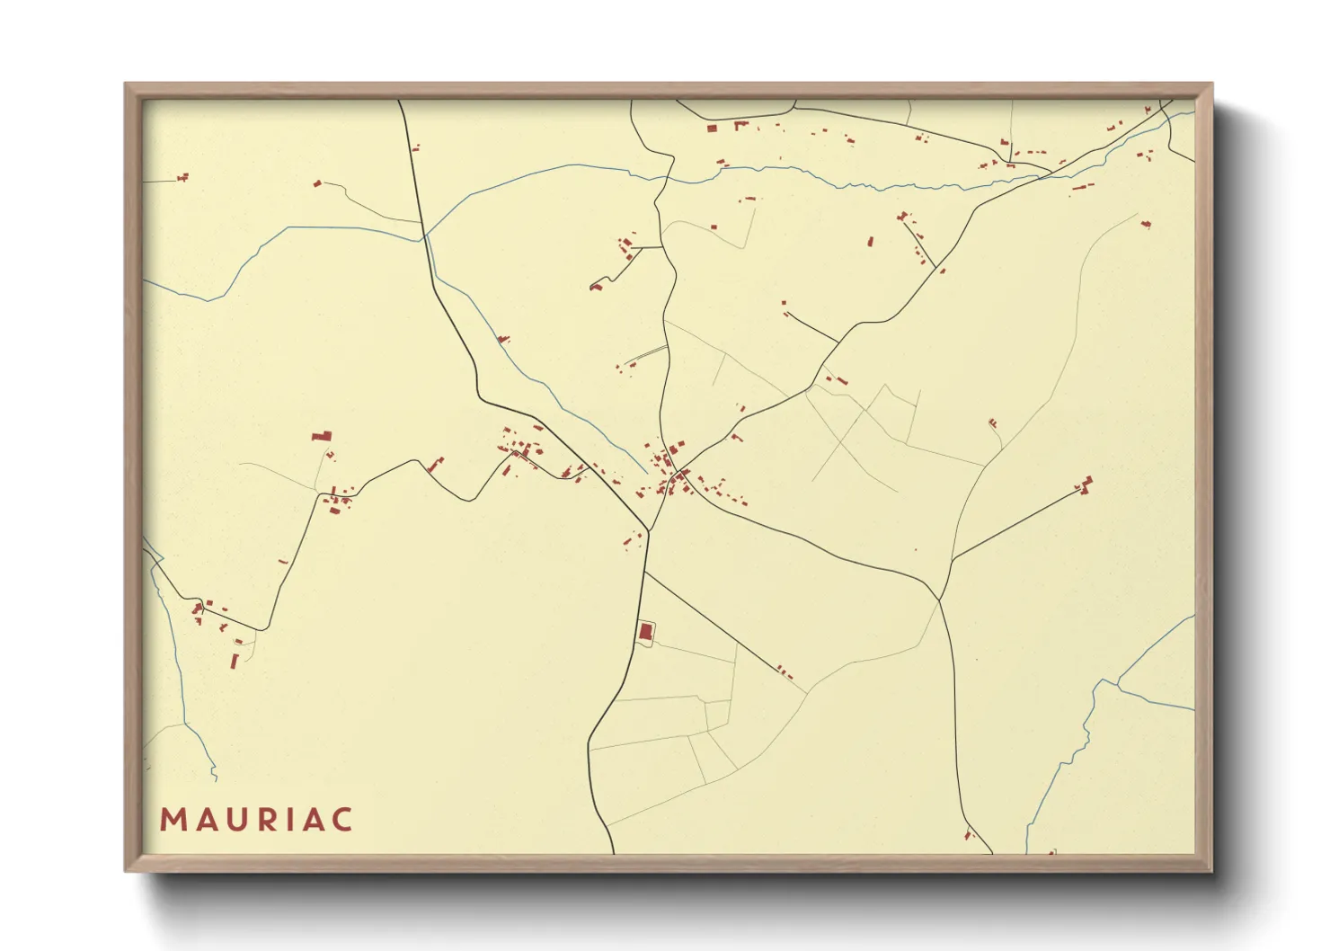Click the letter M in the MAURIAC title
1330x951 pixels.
172,820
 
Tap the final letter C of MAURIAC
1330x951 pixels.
341,820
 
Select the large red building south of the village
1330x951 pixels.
644,631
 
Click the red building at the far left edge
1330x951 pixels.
183,177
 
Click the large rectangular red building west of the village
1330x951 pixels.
322,436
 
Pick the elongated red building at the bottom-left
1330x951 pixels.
235,661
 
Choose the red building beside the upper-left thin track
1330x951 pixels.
317,183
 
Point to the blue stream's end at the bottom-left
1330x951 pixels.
216,778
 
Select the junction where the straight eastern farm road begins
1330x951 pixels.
952,559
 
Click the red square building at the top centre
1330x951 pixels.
713,129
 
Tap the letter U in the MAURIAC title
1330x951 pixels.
237,820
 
